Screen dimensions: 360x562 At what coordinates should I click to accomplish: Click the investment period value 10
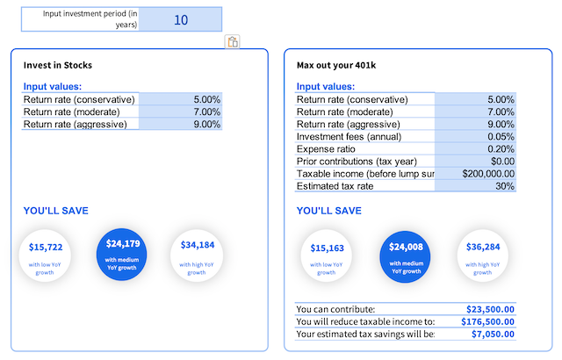click(181, 19)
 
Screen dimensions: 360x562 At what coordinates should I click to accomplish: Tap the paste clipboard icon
click(233, 42)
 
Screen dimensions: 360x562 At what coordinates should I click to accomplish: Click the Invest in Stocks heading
click(58, 66)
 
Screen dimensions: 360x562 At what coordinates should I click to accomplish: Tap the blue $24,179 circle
click(121, 252)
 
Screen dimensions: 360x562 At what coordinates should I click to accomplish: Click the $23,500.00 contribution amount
click(490, 309)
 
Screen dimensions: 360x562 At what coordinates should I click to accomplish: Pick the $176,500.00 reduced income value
click(487, 321)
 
